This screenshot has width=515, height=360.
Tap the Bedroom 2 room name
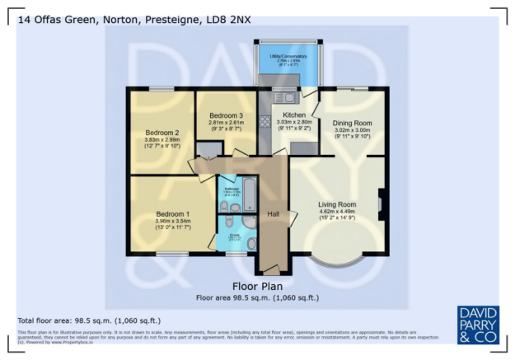tap(162, 133)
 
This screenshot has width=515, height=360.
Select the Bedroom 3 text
tap(225, 115)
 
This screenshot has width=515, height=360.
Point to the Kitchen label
tap(294, 115)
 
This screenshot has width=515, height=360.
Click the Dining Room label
tap(352, 123)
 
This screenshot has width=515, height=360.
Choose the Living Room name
tap(337, 204)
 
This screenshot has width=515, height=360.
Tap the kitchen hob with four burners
tap(266, 122)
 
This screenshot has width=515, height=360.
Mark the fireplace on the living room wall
tap(380, 204)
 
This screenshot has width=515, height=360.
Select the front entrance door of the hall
tap(269, 269)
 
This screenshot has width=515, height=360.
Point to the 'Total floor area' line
tap(89, 320)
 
